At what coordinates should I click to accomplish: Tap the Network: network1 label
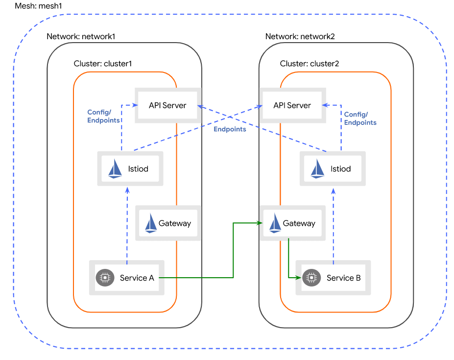point(81,37)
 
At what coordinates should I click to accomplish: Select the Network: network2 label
point(300,37)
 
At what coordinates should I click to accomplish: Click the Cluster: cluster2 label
point(310,64)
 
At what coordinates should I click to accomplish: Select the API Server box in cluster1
point(167,105)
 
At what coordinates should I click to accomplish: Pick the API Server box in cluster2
point(292,105)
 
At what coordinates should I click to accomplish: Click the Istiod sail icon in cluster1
point(115,169)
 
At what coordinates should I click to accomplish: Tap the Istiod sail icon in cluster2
point(318,169)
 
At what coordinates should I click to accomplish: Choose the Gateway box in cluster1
point(168,223)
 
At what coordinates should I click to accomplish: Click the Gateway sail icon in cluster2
point(275,223)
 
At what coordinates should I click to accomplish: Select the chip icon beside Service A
point(104,278)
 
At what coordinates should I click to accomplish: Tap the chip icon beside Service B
point(311,278)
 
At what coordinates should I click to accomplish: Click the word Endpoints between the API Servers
point(230,129)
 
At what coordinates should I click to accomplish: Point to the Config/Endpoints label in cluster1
point(103,116)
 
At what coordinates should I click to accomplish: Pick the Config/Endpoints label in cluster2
point(360,118)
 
